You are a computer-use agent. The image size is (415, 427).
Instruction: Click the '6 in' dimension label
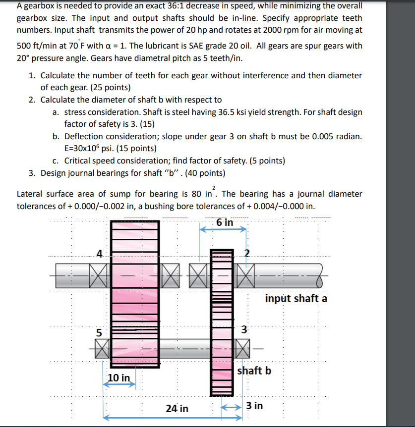coord(225,222)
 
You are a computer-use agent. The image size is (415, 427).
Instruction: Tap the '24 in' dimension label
coord(177,409)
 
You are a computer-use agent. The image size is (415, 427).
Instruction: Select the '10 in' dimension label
coord(119,378)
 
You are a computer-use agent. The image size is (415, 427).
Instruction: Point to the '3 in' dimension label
coord(254,406)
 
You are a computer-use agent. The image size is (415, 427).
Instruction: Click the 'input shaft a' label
coord(296,299)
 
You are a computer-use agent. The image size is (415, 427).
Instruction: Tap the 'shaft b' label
coord(254,370)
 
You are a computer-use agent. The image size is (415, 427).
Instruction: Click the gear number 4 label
coord(99,254)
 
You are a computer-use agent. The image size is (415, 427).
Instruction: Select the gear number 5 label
coord(99,333)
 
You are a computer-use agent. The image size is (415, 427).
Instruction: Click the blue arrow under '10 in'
coord(119,386)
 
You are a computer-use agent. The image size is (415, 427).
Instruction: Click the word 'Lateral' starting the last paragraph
coord(30,194)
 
